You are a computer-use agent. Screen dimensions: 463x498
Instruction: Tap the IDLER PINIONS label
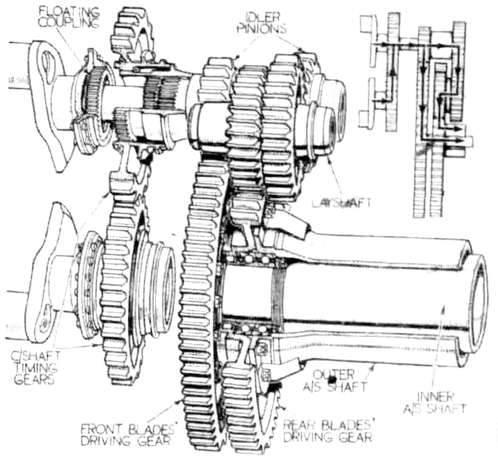267,23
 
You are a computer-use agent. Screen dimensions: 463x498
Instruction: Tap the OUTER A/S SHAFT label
339,380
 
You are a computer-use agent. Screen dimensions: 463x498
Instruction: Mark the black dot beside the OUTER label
331,380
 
